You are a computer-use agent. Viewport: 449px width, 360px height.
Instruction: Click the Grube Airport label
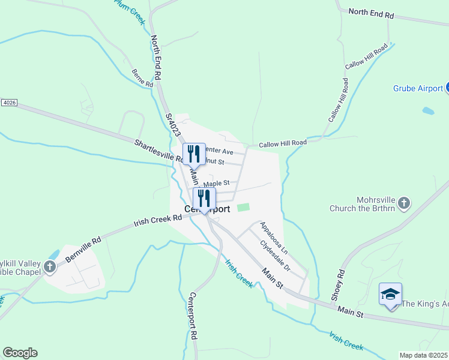[x=418, y=88]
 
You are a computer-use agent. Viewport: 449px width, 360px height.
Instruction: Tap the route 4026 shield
[x=9, y=103]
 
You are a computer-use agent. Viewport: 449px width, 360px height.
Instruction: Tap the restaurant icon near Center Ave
[x=194, y=154]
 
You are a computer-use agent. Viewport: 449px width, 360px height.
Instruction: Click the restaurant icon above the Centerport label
[x=205, y=199]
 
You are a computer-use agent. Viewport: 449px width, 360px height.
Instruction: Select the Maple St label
[x=216, y=183]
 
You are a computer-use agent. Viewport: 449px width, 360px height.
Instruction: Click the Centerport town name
[x=206, y=209]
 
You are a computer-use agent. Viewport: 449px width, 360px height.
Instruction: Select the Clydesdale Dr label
[x=275, y=256]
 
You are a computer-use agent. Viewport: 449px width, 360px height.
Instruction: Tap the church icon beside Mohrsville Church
[x=404, y=203]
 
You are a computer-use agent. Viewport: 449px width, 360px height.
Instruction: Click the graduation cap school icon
[x=390, y=295]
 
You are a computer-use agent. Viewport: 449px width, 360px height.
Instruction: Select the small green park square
[x=243, y=208]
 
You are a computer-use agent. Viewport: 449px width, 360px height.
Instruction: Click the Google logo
[x=20, y=353]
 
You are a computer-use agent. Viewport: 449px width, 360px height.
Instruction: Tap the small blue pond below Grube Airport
[x=428, y=111]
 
